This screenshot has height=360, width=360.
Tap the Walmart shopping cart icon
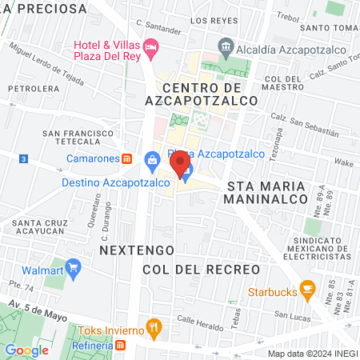(x=74, y=266)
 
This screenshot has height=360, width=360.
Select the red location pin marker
(x=182, y=166)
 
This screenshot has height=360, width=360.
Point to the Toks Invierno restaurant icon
(x=155, y=328)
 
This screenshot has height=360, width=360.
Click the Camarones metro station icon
(x=126, y=158)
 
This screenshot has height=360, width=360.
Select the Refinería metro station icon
(x=120, y=345)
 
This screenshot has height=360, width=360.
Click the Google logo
(x=26, y=350)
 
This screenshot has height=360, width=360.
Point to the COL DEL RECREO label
(x=202, y=270)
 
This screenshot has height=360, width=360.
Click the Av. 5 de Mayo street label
(x=37, y=310)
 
